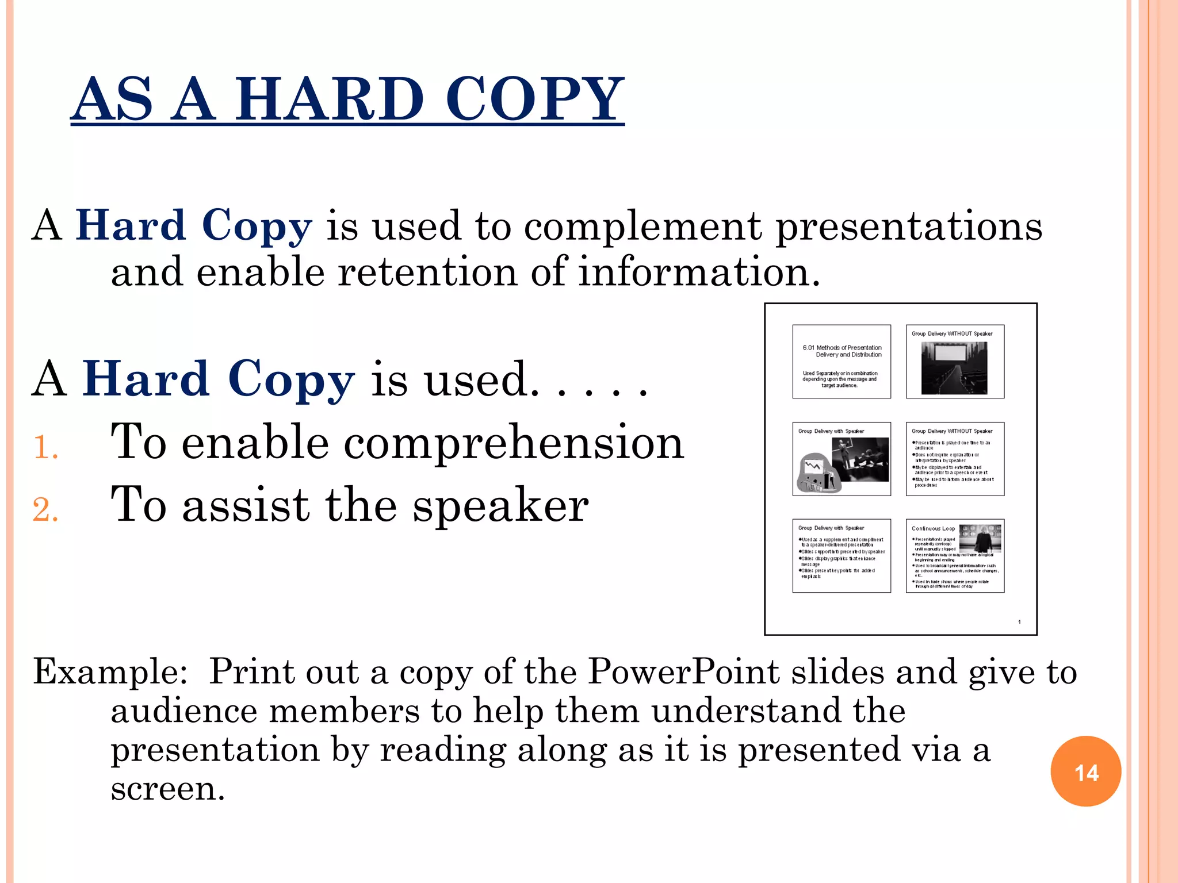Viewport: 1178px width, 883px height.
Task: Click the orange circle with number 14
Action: click(1085, 771)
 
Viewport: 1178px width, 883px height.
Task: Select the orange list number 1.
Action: click(45, 447)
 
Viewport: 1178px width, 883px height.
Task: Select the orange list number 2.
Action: click(45, 510)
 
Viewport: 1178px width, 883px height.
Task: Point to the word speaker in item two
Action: click(500, 506)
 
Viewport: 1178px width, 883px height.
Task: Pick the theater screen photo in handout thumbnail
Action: click(954, 368)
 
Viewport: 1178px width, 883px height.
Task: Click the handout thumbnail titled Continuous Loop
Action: click(955, 555)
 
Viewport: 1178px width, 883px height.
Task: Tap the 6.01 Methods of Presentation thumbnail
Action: click(842, 362)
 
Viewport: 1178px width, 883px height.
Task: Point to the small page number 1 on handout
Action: click(1019, 621)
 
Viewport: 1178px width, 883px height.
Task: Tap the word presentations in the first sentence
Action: click(909, 225)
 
